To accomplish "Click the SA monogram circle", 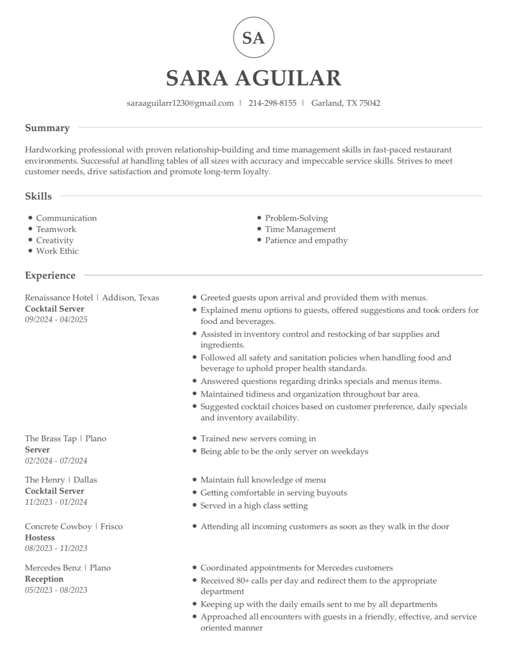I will [x=254, y=38].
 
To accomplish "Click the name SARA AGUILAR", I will [x=254, y=78].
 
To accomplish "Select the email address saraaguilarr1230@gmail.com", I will [x=180, y=103].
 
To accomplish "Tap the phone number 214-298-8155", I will [x=272, y=103].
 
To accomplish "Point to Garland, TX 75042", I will [x=346, y=103].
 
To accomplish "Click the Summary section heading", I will [x=47, y=128].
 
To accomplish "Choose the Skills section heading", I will [x=38, y=196].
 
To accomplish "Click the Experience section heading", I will [x=50, y=275].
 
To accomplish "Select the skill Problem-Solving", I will [x=296, y=218].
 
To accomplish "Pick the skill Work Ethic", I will [x=57, y=251].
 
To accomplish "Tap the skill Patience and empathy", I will [x=306, y=240].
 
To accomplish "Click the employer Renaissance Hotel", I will [x=59, y=298].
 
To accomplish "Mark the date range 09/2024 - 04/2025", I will [x=56, y=319].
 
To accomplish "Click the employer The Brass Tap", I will [x=51, y=439].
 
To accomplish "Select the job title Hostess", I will [x=40, y=538].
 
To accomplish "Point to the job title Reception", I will [x=44, y=579].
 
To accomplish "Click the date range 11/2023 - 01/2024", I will [x=56, y=502].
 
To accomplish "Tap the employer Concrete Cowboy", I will [x=58, y=526].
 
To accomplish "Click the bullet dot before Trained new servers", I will [x=195, y=439].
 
